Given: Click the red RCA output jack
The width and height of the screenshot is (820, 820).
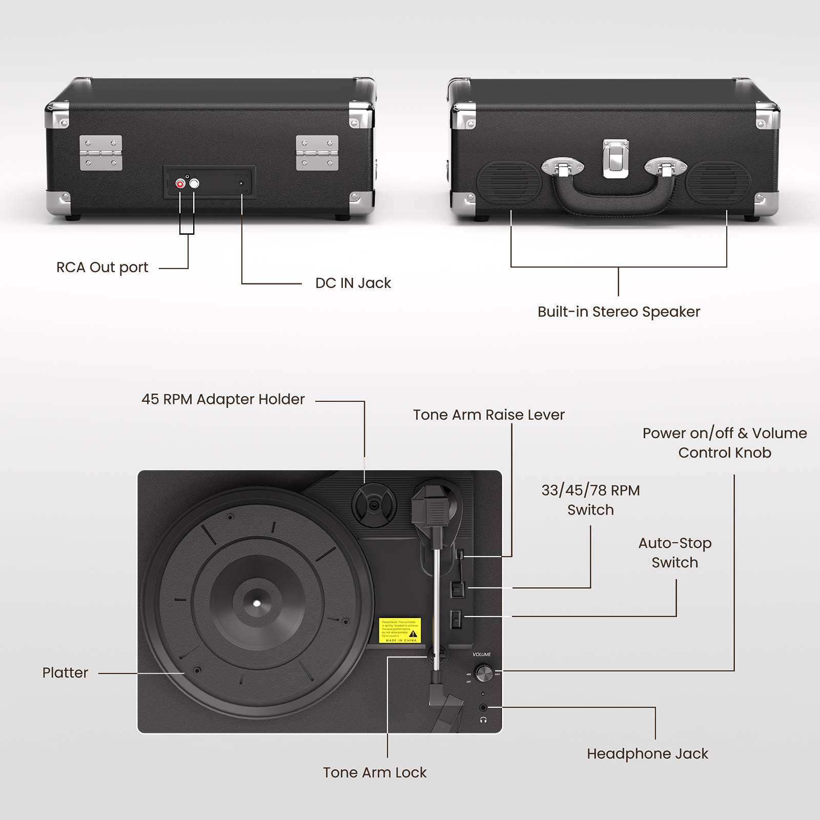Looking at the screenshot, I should click(180, 183).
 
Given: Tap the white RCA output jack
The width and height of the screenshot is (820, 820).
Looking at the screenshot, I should click(194, 183).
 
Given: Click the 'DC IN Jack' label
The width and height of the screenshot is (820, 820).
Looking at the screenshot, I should click(353, 283).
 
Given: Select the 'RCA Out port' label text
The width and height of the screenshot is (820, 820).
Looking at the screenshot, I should click(102, 267).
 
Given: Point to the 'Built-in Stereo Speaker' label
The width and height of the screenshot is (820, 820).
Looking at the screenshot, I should click(619, 312).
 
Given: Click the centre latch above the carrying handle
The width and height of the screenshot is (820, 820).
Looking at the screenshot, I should click(616, 158).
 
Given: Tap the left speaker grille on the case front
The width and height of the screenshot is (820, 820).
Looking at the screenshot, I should click(509, 182).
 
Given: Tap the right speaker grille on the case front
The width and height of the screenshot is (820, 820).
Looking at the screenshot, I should click(718, 182).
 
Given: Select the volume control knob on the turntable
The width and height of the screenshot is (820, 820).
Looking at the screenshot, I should click(484, 673).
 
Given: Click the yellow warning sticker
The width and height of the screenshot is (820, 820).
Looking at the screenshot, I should click(400, 630).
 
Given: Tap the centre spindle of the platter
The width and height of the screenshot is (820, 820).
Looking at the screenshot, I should click(257, 603).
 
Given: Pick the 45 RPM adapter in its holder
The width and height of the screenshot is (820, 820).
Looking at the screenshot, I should click(374, 505).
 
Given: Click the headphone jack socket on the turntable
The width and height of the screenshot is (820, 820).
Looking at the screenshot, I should click(483, 708).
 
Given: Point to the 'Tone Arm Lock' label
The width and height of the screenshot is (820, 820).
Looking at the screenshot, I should click(375, 772).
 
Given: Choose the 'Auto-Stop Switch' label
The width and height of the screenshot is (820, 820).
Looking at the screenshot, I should click(674, 552).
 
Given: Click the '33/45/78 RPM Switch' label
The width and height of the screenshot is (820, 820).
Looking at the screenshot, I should click(590, 500).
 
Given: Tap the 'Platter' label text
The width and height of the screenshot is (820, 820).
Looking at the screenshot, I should click(65, 672).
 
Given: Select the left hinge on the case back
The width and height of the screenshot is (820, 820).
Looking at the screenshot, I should click(101, 153).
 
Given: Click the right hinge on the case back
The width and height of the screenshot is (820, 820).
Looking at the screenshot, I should click(317, 153).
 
